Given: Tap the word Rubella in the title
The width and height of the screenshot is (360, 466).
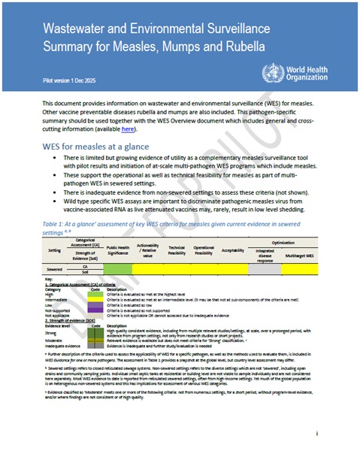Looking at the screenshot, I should click(x=244, y=47).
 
